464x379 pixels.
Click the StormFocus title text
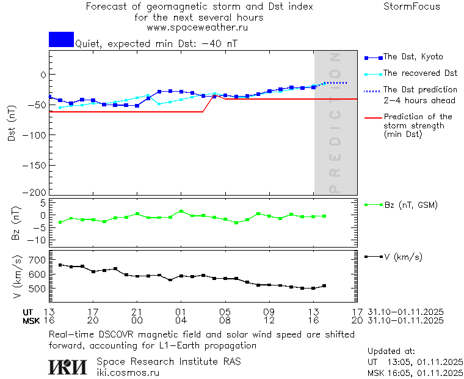[x=411, y=7]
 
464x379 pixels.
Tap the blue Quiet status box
[x=61, y=39]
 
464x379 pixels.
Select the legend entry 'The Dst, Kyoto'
[x=413, y=57]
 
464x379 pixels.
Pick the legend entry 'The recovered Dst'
[x=420, y=73]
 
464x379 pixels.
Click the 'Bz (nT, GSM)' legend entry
[x=410, y=205]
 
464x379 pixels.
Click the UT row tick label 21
[x=137, y=312]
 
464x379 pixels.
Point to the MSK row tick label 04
[x=181, y=320]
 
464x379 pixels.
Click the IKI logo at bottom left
[x=67, y=367]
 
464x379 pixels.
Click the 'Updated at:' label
[x=391, y=351]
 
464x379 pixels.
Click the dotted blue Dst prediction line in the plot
[x=335, y=83]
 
